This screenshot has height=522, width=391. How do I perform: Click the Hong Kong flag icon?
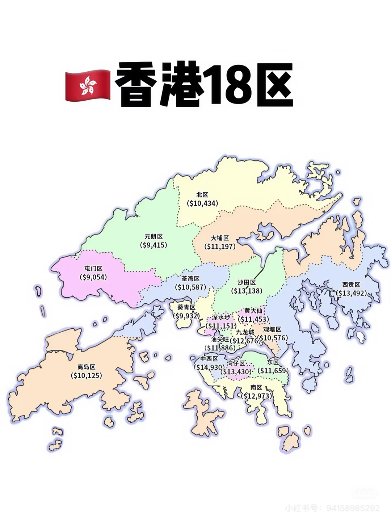tap(87, 86)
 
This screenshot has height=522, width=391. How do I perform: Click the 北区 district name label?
tap(202, 195)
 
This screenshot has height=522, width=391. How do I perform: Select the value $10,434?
tap(203, 203)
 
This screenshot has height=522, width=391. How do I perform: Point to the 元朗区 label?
tap(154, 236)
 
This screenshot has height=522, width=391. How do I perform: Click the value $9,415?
tap(154, 245)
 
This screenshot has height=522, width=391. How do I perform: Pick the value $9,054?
tap(93, 277)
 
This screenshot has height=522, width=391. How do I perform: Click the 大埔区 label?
tap(220, 238)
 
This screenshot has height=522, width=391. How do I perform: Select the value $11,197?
tap(220, 247)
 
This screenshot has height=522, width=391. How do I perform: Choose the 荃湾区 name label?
tap(190, 278)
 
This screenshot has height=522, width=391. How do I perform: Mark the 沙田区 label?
tap(247, 282)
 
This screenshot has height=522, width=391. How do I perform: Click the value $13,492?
tap(351, 293)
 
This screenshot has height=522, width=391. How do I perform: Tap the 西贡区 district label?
tap(351, 285)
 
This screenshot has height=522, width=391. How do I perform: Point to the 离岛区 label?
tap(86, 367)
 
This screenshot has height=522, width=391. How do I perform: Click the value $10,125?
tap(86, 376)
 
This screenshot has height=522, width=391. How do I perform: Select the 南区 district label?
tap(256, 388)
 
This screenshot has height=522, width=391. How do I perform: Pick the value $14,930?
tap(209, 367)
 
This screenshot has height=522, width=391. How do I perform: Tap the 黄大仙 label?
tap(253, 311)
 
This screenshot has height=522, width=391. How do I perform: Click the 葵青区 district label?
tap(186, 307)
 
